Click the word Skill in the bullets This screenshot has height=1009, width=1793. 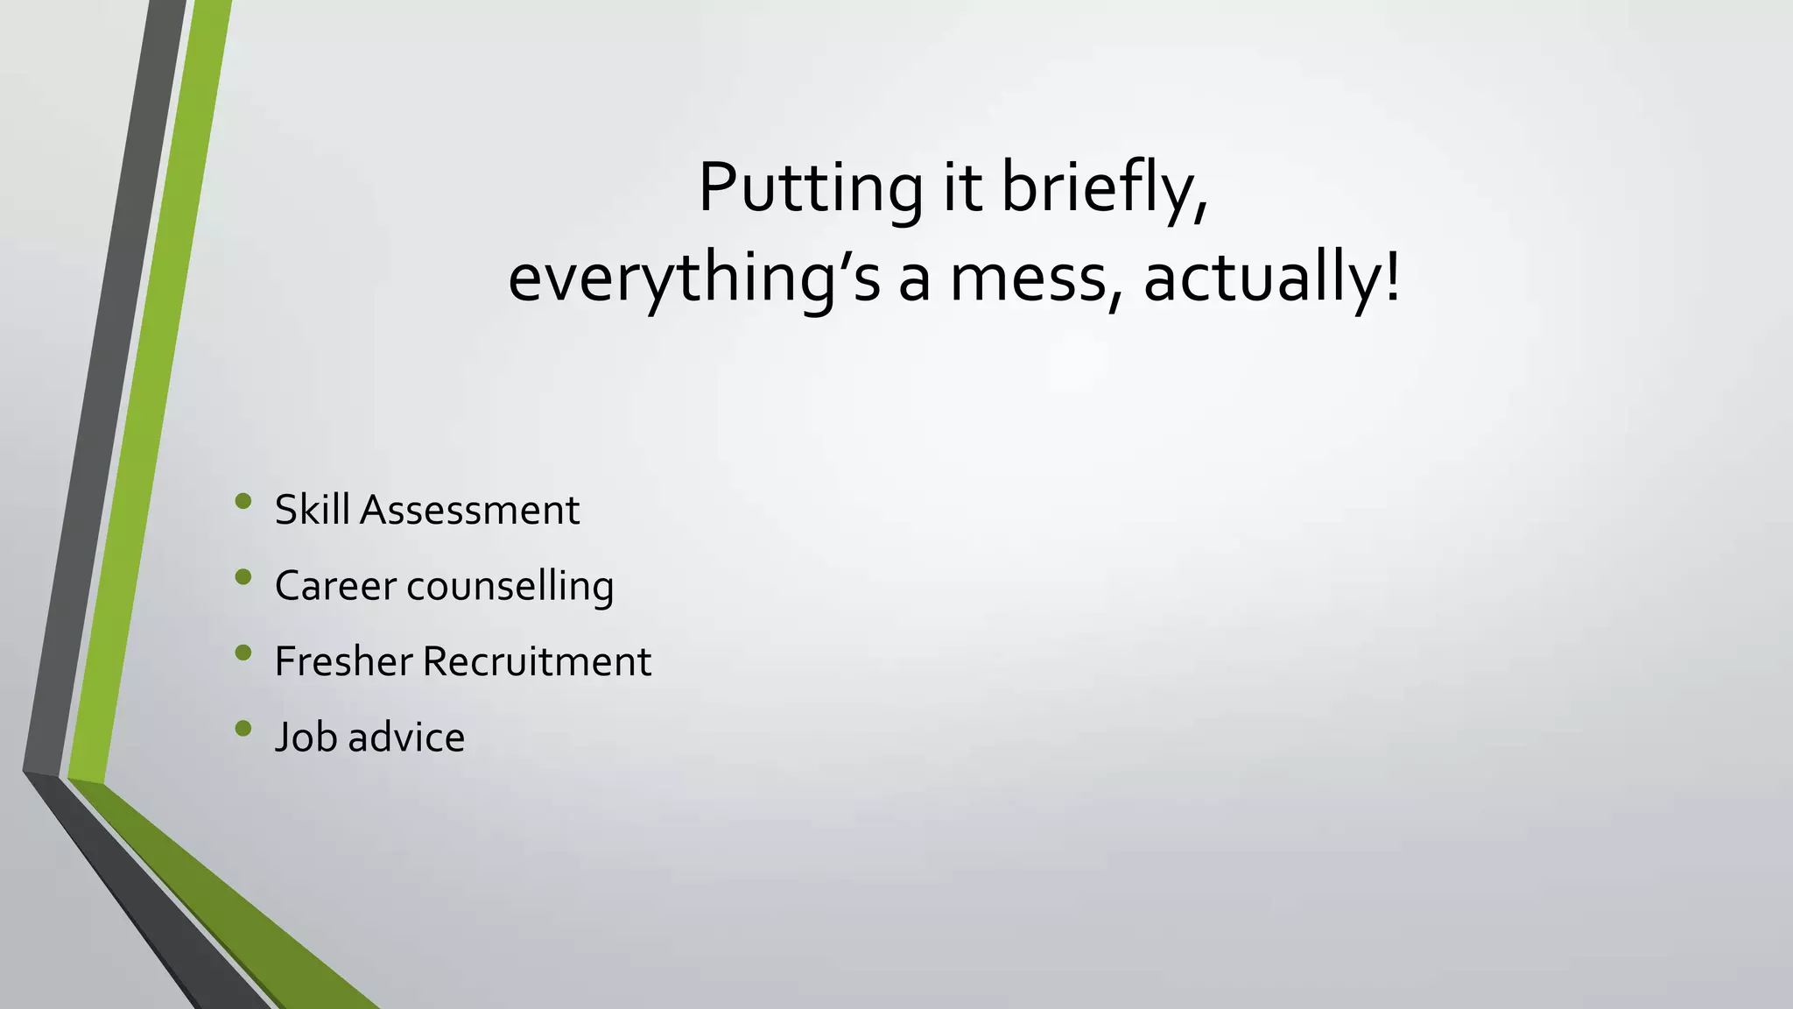[313, 510]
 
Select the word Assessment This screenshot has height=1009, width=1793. [469, 510]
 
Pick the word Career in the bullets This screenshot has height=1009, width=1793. [335, 586]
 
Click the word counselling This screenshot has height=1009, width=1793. [510, 586]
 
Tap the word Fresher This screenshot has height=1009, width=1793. [343, 661]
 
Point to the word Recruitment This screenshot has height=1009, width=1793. [537, 661]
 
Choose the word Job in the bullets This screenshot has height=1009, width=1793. [306, 737]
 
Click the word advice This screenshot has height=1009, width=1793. [406, 737]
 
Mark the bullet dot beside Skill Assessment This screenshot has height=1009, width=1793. [243, 501]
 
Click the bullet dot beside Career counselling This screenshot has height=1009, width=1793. [243, 576]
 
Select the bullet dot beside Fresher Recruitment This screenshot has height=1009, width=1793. [243, 652]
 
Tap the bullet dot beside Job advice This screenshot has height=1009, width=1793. [243, 728]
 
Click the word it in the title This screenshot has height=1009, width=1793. [961, 188]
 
